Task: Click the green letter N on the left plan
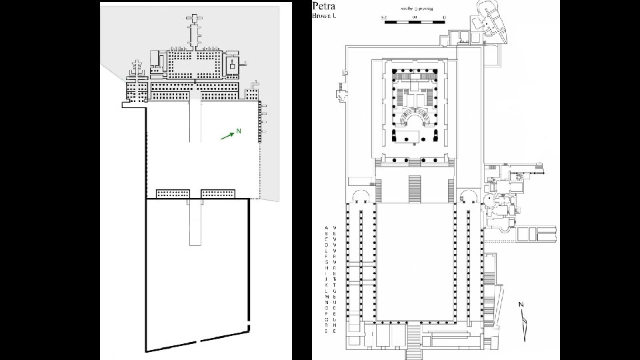tap(238, 130)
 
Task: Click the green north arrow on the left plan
tap(227, 137)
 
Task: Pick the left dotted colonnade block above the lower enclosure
tap(172, 193)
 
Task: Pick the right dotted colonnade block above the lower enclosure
tap(217, 193)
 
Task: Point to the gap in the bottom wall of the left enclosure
tap(199, 341)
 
